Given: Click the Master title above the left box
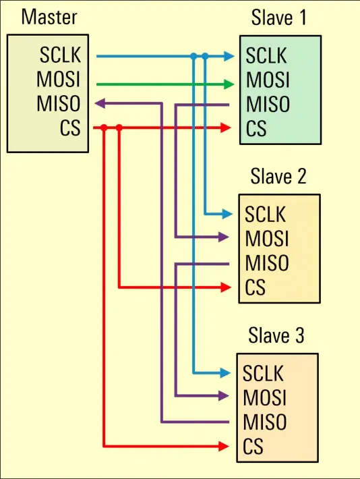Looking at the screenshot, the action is [49, 17].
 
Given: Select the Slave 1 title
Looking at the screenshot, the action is [278, 18].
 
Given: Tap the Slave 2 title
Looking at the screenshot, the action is [278, 176].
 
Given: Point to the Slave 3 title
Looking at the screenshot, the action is [276, 335].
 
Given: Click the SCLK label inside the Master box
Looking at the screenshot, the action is [60, 55].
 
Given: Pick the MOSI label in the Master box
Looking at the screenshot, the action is [59, 79].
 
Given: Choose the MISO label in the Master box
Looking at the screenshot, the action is [59, 103].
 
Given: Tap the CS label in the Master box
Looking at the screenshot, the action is [70, 128].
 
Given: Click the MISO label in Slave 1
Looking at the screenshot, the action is [268, 105].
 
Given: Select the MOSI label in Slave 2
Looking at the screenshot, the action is [266, 239].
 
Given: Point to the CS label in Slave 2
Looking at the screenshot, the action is [255, 287].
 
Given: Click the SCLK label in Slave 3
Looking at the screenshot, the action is [263, 373].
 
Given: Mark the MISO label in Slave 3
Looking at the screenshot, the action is [265, 422].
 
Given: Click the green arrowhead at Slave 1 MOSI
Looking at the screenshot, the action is [229, 84].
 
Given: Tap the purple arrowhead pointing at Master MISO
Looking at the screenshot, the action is [100, 104].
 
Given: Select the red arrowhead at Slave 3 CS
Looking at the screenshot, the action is [224, 447].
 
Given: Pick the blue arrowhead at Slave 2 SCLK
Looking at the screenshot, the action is [227, 214].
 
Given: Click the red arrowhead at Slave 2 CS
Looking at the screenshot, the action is [226, 287].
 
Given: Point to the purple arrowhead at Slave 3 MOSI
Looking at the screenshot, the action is [224, 396].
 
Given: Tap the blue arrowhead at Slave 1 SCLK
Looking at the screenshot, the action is [229, 56].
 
